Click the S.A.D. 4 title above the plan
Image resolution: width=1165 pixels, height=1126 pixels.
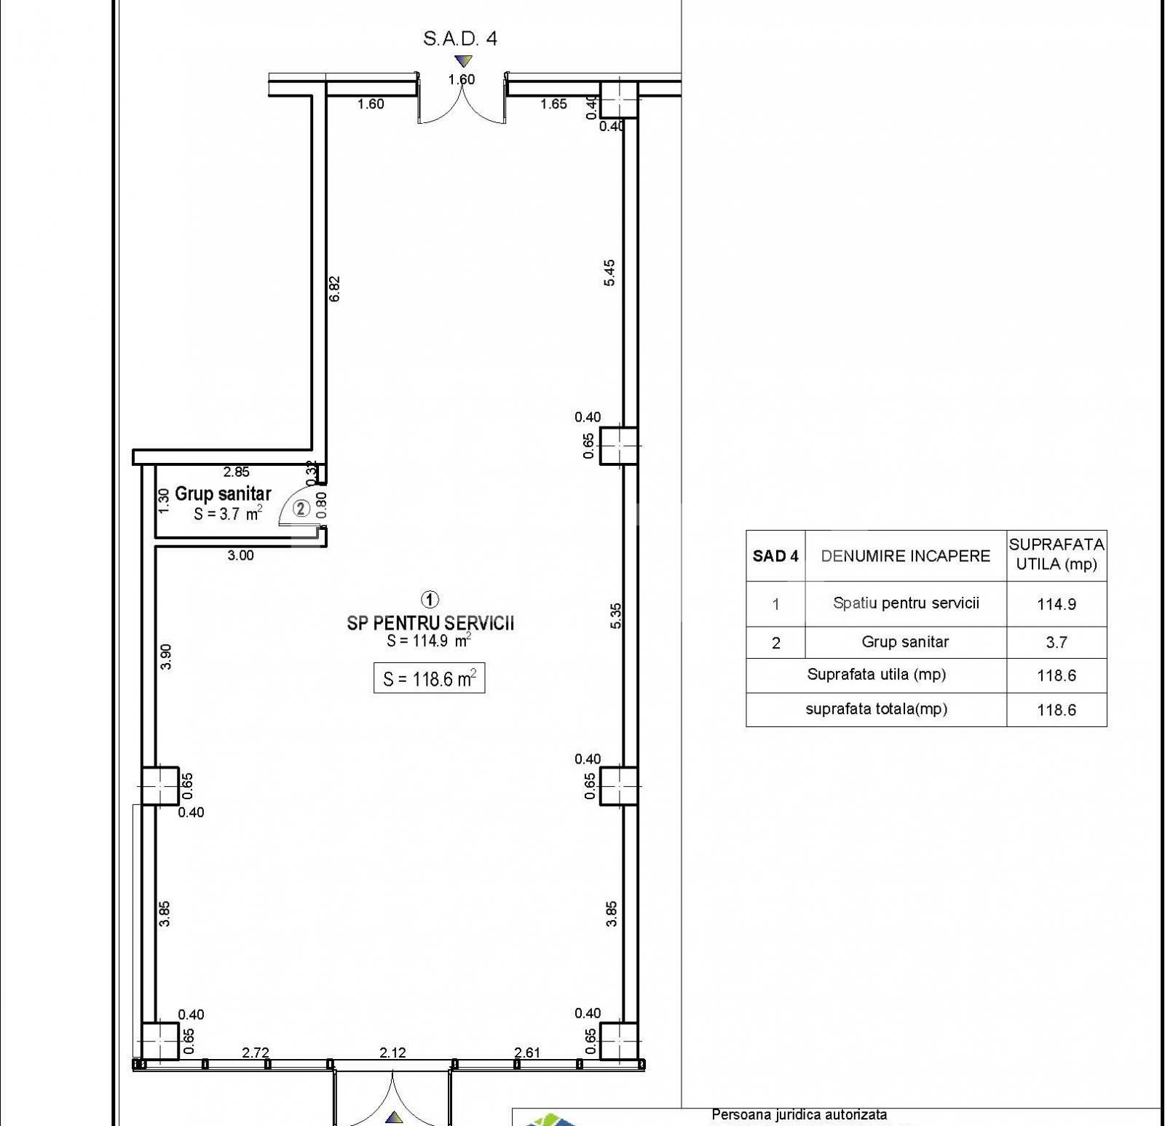(x=459, y=39)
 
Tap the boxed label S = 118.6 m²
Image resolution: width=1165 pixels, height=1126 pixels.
(x=429, y=679)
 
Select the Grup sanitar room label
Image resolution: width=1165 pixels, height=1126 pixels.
(x=223, y=494)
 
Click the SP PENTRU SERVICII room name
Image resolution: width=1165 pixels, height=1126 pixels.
(x=430, y=623)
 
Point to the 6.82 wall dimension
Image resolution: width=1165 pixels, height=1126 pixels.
(x=334, y=288)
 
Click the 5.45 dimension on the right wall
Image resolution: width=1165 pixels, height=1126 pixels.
(x=609, y=273)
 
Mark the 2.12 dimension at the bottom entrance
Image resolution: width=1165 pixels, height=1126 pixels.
(x=392, y=1052)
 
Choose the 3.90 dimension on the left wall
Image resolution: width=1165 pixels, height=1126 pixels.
(x=166, y=657)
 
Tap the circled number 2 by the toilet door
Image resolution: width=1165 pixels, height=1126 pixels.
(x=301, y=508)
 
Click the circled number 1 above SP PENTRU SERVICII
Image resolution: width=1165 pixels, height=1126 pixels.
(x=430, y=599)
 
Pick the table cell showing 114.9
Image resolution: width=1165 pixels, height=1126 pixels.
(x=1056, y=604)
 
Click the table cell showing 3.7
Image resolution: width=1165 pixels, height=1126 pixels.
(x=1056, y=643)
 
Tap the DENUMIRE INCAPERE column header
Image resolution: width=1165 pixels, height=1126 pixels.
(x=905, y=556)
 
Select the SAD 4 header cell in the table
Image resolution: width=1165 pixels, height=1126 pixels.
(x=775, y=556)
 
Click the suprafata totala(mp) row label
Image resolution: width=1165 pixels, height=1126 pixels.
(x=876, y=709)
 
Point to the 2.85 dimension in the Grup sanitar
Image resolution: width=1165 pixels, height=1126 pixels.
(x=236, y=472)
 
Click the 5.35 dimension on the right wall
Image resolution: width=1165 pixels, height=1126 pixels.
(x=616, y=616)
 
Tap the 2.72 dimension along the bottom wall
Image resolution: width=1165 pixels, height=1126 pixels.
(x=256, y=1052)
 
